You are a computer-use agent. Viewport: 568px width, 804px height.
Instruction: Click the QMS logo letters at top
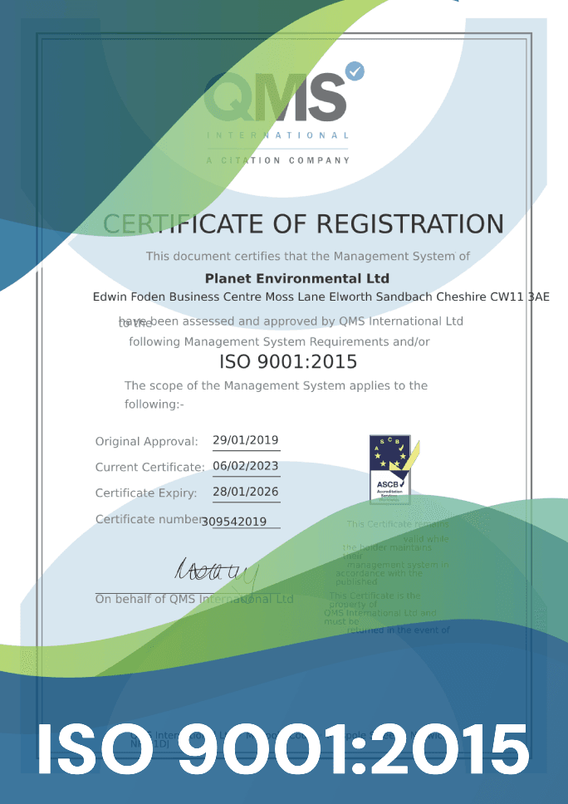tap(275, 97)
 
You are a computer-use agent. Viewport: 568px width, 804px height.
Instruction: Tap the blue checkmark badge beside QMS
tap(355, 71)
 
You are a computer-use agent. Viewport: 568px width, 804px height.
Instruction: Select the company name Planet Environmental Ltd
tap(296, 278)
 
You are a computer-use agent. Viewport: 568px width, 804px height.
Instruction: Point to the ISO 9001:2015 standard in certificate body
tap(288, 362)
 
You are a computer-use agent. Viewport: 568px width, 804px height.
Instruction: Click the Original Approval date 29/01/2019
tap(246, 440)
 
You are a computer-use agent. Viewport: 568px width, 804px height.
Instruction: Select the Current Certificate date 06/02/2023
tap(246, 466)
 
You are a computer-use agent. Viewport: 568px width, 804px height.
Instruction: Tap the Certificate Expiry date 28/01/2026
tap(246, 492)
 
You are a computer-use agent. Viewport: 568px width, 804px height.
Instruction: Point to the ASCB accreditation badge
tap(389, 469)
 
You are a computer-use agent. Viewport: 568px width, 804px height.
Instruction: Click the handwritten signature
tap(217, 571)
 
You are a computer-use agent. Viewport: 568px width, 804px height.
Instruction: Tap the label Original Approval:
tap(147, 442)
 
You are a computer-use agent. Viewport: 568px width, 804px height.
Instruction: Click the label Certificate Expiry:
tap(146, 493)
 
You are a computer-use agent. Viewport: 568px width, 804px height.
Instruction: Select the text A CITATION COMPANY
tap(277, 160)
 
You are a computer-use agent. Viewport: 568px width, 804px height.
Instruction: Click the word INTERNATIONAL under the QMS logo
tap(277, 135)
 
